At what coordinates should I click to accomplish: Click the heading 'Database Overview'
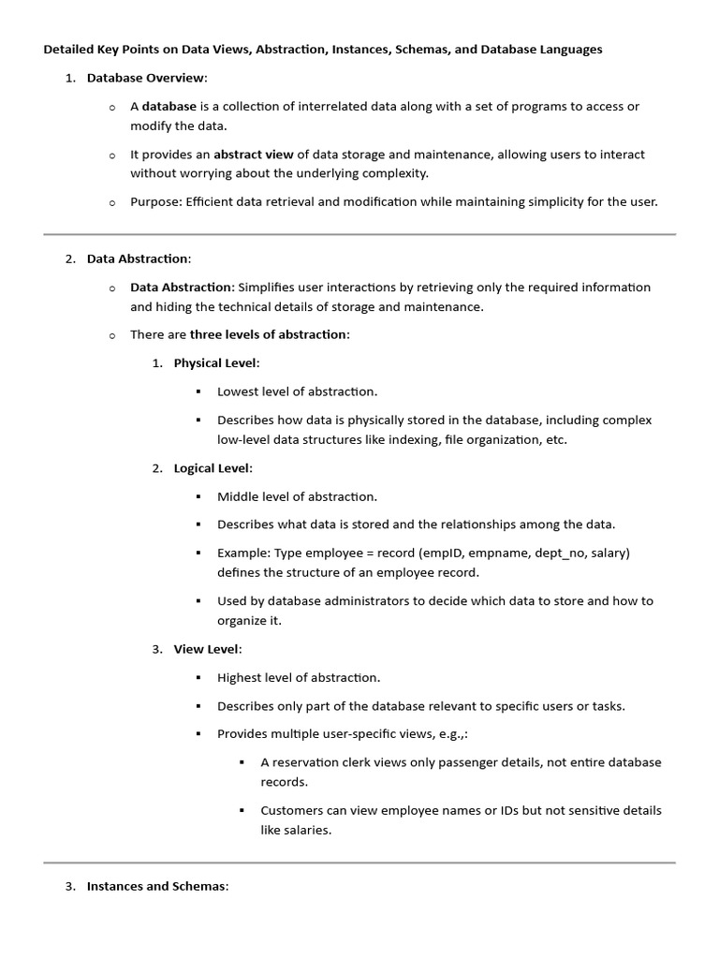[146, 78]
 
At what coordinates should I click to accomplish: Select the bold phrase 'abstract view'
[253, 155]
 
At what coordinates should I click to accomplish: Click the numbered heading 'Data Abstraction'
[138, 258]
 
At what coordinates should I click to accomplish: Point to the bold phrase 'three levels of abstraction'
[268, 334]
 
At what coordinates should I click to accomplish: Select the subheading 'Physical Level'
[214, 363]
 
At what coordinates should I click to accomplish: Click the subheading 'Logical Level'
[212, 467]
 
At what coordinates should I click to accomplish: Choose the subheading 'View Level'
[206, 648]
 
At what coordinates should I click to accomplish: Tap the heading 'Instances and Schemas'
[156, 886]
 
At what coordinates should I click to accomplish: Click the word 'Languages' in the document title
[565, 50]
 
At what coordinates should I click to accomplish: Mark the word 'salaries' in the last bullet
[307, 830]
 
